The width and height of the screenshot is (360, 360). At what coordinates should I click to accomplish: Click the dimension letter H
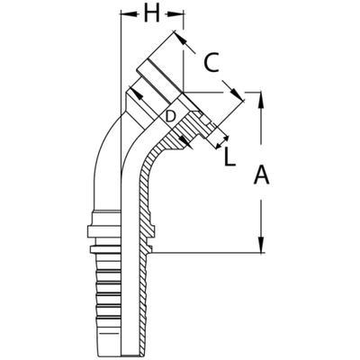pos(151,15)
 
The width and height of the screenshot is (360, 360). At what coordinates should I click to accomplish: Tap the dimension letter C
pos(210,64)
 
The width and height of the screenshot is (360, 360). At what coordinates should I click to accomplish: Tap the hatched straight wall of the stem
pos(145,207)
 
